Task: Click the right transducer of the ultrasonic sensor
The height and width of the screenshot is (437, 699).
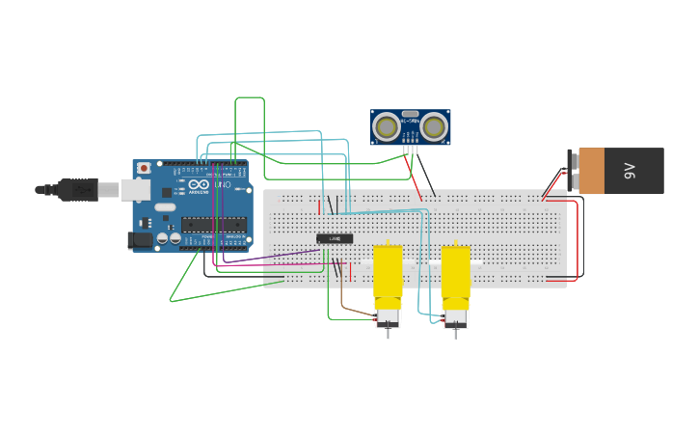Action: click(x=434, y=125)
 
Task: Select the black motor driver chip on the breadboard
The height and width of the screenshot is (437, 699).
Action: click(x=335, y=238)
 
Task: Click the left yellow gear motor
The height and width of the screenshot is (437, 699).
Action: click(x=388, y=276)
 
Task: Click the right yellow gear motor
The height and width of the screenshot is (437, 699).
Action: click(x=455, y=276)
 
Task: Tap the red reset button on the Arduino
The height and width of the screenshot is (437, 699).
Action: click(x=144, y=168)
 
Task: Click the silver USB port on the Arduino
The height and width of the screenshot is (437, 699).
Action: click(x=134, y=189)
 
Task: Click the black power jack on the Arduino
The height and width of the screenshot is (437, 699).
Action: click(x=142, y=240)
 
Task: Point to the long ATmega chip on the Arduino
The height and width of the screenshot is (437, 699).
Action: click(x=213, y=225)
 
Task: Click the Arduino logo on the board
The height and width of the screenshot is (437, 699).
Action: click(x=199, y=185)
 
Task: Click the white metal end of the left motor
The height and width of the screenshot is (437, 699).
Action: click(x=388, y=316)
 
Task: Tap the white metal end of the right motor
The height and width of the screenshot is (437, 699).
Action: click(x=455, y=316)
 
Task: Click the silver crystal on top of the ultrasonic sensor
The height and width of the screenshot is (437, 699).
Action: click(x=411, y=114)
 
